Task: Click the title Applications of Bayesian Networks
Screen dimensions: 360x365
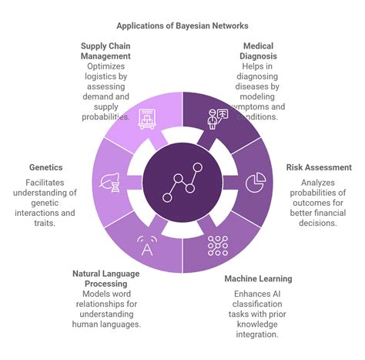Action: pos(182,25)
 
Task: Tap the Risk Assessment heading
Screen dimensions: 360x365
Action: pos(319,167)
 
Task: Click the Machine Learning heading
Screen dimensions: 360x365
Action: pos(258,278)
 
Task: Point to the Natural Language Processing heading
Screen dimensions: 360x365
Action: pos(106,278)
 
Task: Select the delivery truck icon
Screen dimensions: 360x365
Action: pos(148,118)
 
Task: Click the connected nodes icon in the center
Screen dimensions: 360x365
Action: pos(183,183)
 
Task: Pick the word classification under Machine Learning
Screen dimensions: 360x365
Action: pos(259,304)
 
